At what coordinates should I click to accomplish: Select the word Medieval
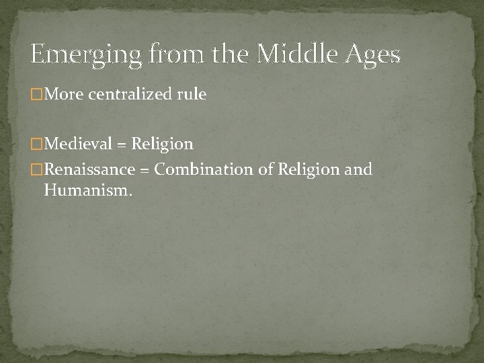(x=77, y=144)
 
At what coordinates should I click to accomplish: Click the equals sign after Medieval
(x=122, y=145)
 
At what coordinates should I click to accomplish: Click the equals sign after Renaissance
(x=145, y=169)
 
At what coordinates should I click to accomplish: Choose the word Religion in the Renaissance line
(x=306, y=170)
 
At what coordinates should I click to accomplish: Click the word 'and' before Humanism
(x=358, y=169)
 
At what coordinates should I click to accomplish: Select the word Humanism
(x=87, y=192)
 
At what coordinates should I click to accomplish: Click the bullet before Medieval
(x=36, y=144)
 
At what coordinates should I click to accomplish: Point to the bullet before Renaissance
(x=36, y=169)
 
